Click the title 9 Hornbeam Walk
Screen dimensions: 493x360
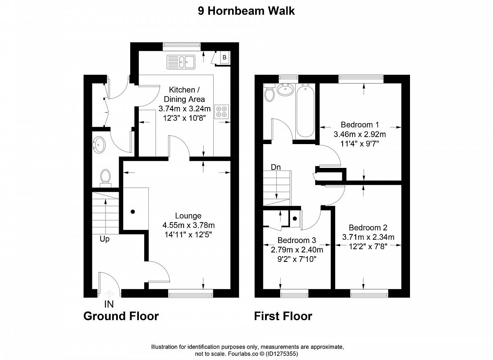tap(246, 11)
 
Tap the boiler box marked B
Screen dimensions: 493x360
tap(224, 57)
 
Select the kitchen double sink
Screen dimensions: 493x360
tap(181, 62)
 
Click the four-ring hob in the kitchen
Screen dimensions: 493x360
tap(221, 112)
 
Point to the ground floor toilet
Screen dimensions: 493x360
tap(106, 178)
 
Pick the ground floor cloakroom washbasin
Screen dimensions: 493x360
tap(99, 145)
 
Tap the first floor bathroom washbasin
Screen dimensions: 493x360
tap(286, 89)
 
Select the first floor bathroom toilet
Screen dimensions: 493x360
tap(269, 93)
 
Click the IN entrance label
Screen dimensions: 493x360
tap(109, 304)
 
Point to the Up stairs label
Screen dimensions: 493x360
tap(104, 239)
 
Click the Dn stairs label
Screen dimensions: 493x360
tap(276, 167)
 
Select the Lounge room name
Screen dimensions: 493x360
tap(188, 216)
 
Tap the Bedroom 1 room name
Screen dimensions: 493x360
tap(360, 125)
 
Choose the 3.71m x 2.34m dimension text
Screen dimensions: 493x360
tap(368, 237)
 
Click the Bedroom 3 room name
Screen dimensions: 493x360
tap(297, 240)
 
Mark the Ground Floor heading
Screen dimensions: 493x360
tap(121, 316)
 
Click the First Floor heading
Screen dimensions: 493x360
tap(283, 316)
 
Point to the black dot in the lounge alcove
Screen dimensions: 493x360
tap(133, 212)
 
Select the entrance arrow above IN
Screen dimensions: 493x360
tap(109, 294)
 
